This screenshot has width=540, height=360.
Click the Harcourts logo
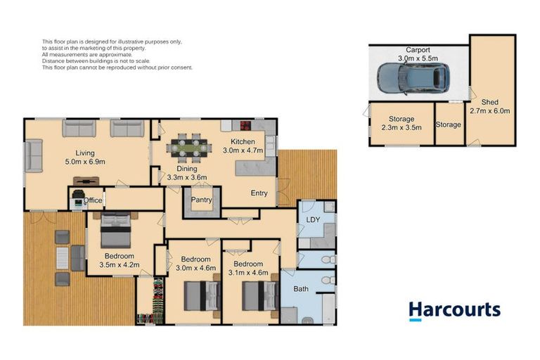pyautogui.click(x=454, y=311)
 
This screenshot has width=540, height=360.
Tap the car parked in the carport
pyautogui.click(x=411, y=78)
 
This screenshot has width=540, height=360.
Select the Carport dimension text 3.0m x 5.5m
pyautogui.click(x=418, y=59)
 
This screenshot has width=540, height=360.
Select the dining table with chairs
pyautogui.click(x=188, y=147)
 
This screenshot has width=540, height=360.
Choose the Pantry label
pyautogui.click(x=201, y=200)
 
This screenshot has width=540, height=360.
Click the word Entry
pyautogui.click(x=259, y=193)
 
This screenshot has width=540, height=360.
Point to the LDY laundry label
pyautogui.click(x=314, y=221)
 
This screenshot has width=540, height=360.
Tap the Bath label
pyautogui.click(x=301, y=289)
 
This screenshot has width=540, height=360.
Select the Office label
pyautogui.click(x=93, y=200)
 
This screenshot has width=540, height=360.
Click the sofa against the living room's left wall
pyautogui.click(x=33, y=155)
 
